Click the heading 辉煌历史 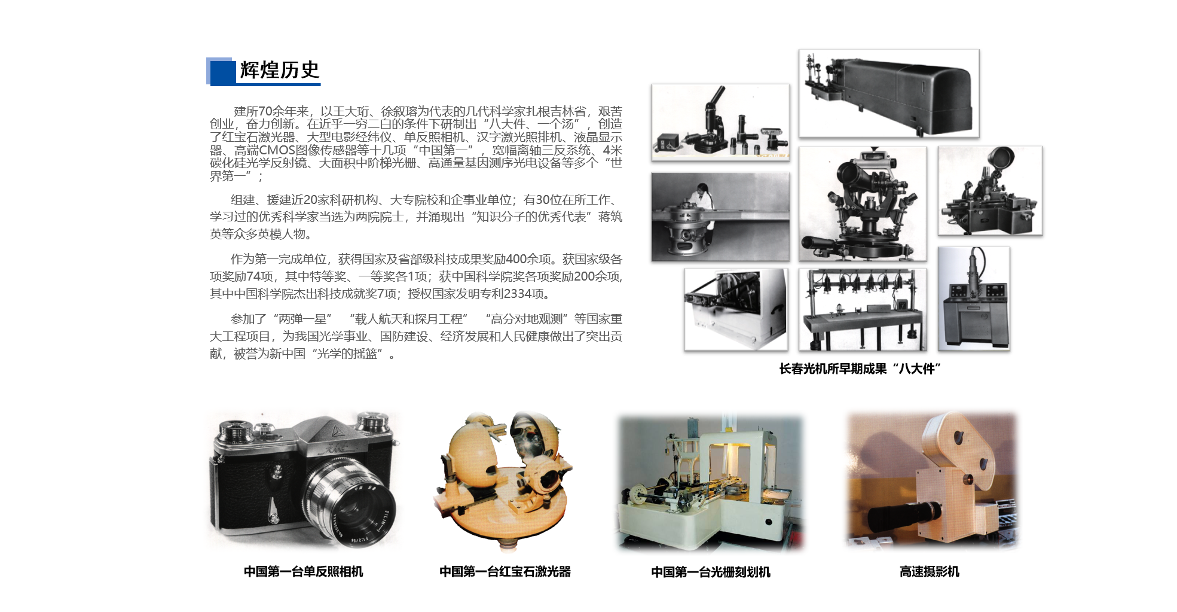click(x=279, y=70)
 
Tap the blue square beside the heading click(x=222, y=72)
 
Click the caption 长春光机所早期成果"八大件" click(x=860, y=369)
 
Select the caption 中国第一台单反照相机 click(x=303, y=571)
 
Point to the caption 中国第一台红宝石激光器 click(x=505, y=571)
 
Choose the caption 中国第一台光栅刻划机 click(x=710, y=572)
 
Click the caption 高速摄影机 click(x=929, y=571)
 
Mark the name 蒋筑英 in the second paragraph click(x=610, y=217)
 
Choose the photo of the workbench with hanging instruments click(x=862, y=309)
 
